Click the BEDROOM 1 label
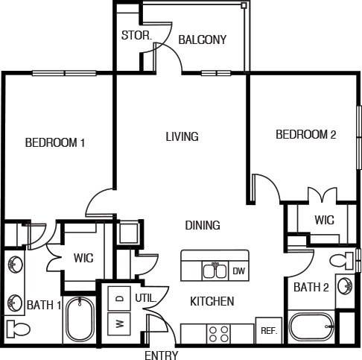click(54, 142)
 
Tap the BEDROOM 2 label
click(306, 135)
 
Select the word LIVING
click(182, 136)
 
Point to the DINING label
click(202, 224)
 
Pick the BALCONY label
click(202, 40)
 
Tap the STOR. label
click(137, 35)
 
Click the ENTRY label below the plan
click(161, 356)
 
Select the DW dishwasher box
click(239, 271)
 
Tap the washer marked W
click(119, 324)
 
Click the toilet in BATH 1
click(16, 329)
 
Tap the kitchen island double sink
click(215, 269)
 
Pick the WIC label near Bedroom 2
click(324, 220)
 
